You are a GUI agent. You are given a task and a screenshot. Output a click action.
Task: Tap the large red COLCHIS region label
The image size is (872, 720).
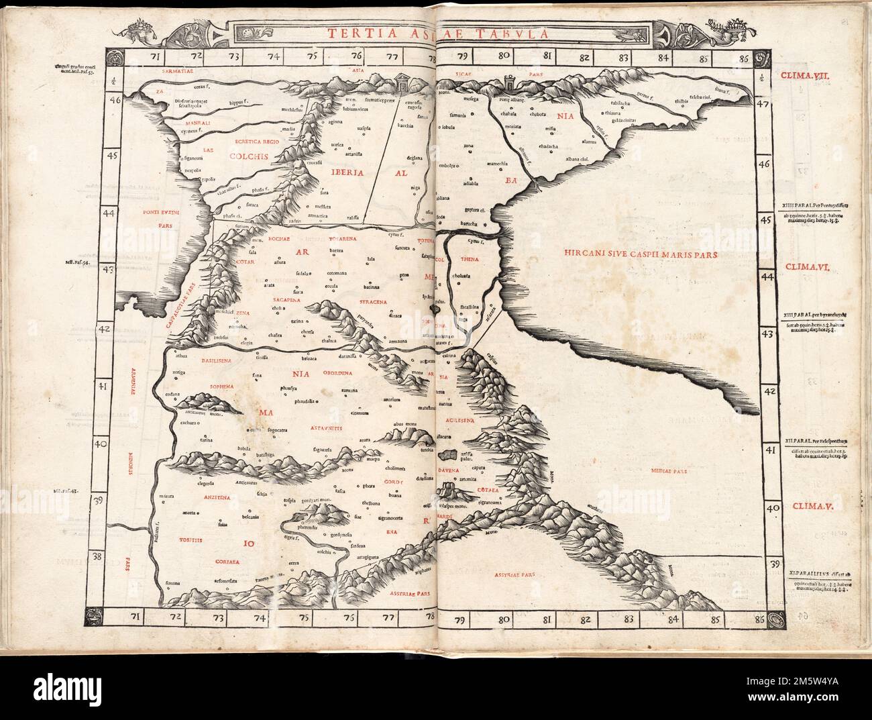[x=248, y=156]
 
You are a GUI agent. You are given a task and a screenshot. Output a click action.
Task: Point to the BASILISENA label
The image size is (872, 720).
[x=202, y=360]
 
